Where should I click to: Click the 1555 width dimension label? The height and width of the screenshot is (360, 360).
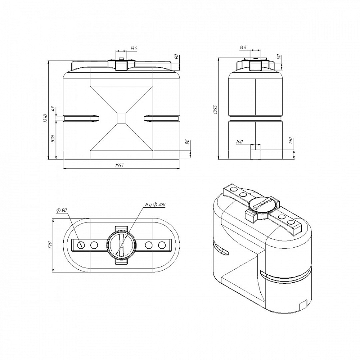coord(120,165)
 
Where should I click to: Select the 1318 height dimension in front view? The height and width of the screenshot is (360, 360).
coord(45,118)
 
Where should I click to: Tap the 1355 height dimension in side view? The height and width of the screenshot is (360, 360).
coord(215,109)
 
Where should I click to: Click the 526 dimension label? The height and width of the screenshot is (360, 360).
coord(53,139)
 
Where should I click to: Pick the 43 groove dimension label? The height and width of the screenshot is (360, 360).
coord(53,109)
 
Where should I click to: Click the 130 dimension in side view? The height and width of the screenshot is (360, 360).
coord(291,140)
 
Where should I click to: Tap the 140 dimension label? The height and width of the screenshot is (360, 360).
coord(239,142)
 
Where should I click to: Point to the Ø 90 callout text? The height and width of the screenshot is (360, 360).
coord(61,210)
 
